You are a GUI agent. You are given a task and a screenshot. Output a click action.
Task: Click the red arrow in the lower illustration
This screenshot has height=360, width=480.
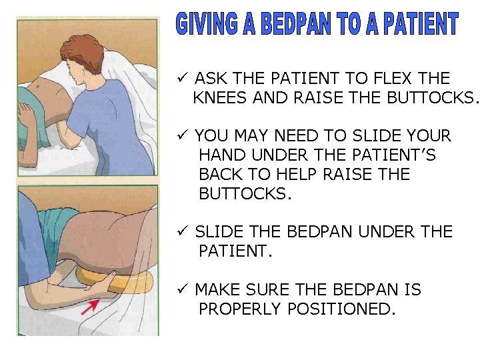point(91,305)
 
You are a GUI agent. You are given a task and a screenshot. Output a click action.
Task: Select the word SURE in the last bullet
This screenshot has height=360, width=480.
point(269,290)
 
